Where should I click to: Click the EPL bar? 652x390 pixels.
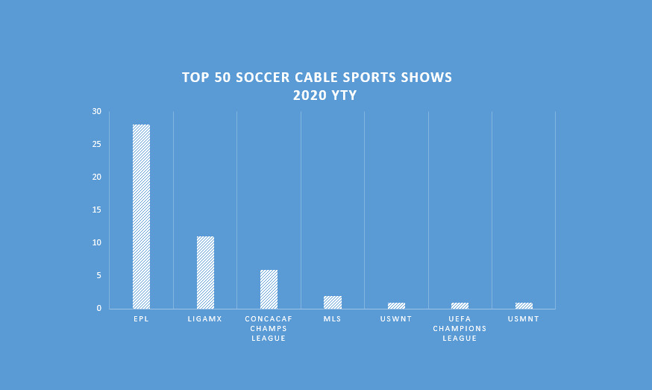point(141,216)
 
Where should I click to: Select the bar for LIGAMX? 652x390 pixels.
point(205,272)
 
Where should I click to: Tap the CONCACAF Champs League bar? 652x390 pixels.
point(269,289)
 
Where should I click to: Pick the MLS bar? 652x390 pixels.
point(333,302)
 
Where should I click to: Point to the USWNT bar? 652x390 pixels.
point(396,306)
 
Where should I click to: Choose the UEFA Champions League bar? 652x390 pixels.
point(460,306)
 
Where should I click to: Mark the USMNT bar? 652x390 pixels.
point(524,306)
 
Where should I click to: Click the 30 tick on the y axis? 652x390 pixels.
point(96,112)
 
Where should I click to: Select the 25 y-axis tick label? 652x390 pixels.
point(96,145)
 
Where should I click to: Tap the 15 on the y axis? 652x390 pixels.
point(96,210)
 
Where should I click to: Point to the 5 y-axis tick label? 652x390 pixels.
point(98,276)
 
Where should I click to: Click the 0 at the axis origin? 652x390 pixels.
point(98,309)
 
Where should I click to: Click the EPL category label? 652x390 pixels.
point(141,319)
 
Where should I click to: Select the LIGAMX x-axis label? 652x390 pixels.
point(205,319)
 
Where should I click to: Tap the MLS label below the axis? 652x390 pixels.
point(333,319)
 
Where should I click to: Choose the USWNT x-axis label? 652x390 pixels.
point(396,319)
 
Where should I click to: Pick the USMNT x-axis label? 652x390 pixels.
point(524,319)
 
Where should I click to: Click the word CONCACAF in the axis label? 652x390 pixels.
point(269,319)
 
